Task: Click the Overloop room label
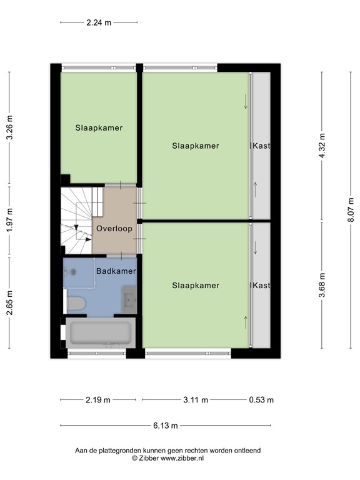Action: (114, 229)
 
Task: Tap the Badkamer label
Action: (116, 271)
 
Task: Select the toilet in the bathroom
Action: (75, 304)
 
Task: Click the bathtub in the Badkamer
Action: (100, 332)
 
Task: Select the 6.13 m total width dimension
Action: (165, 426)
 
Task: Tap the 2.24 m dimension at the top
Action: (99, 22)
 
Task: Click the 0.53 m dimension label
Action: (261, 400)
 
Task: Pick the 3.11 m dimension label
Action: (196, 400)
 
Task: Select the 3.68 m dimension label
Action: (322, 286)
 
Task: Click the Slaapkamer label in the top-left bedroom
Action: (99, 127)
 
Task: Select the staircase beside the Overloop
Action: (76, 219)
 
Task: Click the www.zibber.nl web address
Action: (182, 458)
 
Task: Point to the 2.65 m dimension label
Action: (9, 303)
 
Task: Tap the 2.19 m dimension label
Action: (99, 400)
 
